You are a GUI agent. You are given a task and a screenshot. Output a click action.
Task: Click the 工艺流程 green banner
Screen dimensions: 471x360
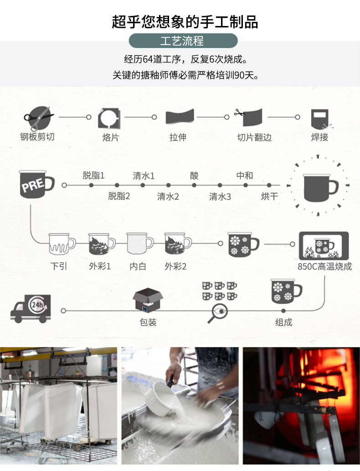pyautogui.click(x=183, y=41)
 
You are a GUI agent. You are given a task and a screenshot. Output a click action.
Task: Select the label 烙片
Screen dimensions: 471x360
pyautogui.click(x=110, y=137)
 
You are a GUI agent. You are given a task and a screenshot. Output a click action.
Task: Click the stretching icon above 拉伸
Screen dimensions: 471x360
pyautogui.click(x=179, y=117)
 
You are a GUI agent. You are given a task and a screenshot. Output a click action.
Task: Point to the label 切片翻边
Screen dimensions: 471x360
pyautogui.click(x=254, y=137)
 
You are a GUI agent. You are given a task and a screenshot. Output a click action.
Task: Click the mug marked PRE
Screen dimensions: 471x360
pyautogui.click(x=36, y=184)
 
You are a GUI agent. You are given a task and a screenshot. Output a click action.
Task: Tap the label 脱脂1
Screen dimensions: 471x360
pyautogui.click(x=93, y=176)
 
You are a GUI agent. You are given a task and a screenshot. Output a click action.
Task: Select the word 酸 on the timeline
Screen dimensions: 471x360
pyautogui.click(x=195, y=176)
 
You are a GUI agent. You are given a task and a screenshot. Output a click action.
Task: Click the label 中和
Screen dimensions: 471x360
pyautogui.click(x=244, y=176)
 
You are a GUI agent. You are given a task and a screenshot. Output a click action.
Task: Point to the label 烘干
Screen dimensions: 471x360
pyautogui.click(x=269, y=197)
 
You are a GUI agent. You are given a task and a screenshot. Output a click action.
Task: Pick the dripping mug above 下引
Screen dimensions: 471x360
pyautogui.click(x=61, y=244)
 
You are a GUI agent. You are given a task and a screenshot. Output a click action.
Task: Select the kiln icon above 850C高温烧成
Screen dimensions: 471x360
pyautogui.click(x=324, y=246)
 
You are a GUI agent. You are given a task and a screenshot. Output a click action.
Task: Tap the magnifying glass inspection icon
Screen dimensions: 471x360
pyautogui.click(x=217, y=312)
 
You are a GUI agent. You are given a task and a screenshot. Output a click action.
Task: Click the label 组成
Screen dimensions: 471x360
pyautogui.click(x=283, y=322)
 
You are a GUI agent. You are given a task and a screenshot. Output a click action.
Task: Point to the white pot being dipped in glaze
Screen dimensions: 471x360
pyautogui.click(x=157, y=397)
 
